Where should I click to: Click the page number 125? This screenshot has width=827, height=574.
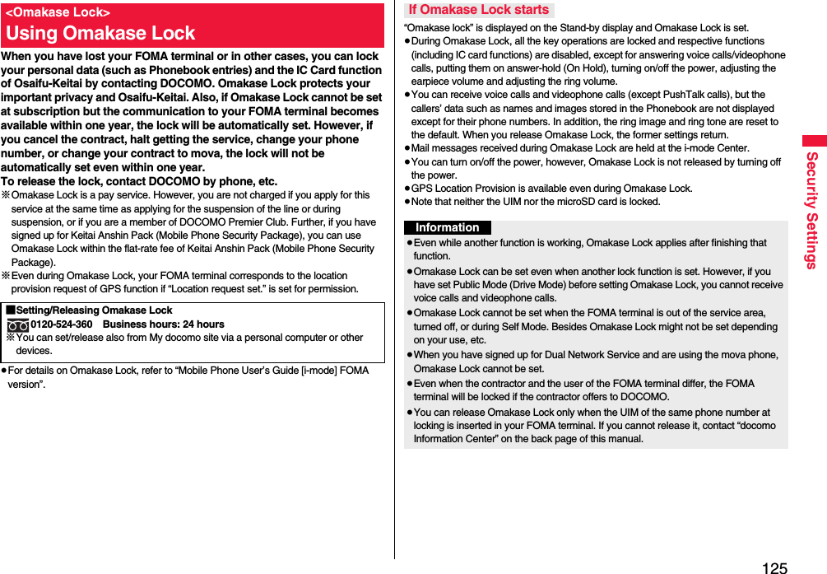click(774, 567)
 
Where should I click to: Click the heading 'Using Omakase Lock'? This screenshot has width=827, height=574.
click(100, 34)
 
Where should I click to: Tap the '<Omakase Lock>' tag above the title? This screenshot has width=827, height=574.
click(58, 12)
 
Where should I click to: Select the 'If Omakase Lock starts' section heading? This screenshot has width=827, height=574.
click(478, 10)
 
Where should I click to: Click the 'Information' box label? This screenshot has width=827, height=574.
click(447, 227)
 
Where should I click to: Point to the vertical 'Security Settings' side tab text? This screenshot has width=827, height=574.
click(811, 210)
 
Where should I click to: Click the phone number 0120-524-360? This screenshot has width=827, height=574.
click(62, 324)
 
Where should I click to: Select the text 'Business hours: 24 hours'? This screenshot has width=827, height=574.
click(163, 324)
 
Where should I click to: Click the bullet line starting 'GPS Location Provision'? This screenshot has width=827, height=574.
click(551, 189)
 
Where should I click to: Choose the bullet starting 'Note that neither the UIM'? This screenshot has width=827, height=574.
click(535, 202)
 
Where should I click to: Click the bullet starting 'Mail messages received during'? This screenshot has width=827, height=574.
click(579, 148)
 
